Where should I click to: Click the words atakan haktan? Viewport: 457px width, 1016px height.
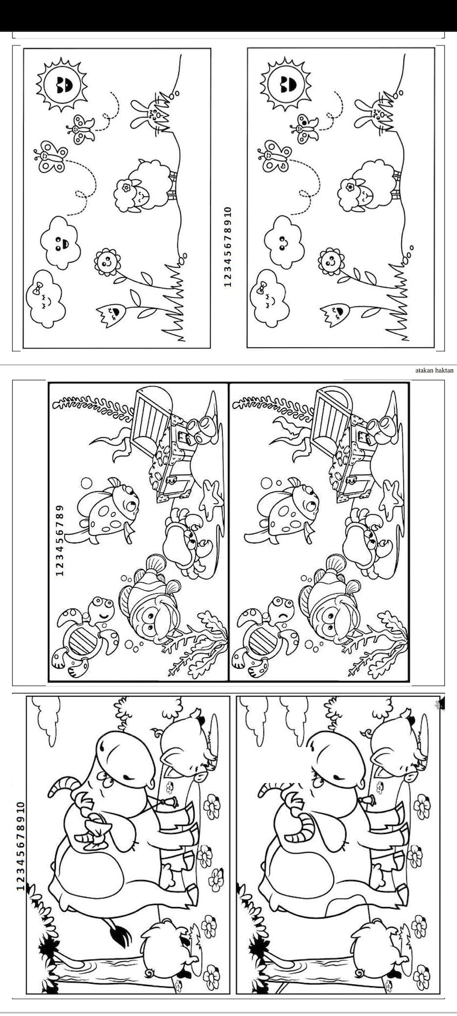click(x=434, y=370)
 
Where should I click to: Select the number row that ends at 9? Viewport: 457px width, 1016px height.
click(x=60, y=540)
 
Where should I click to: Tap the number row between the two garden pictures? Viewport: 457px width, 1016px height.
click(x=227, y=247)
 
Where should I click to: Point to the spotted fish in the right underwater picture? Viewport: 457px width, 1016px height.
click(x=288, y=507)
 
